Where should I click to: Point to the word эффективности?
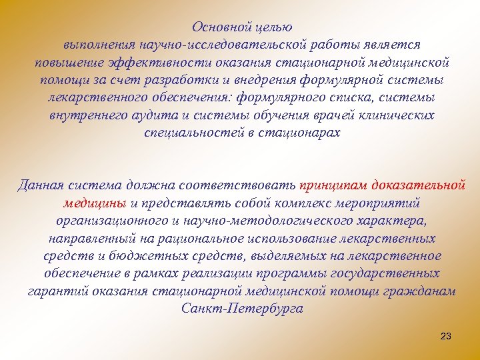(160, 63)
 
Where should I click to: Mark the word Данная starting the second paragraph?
(39, 185)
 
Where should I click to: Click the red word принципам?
(333, 185)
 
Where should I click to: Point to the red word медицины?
(96, 202)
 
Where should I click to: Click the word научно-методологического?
(285, 220)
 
